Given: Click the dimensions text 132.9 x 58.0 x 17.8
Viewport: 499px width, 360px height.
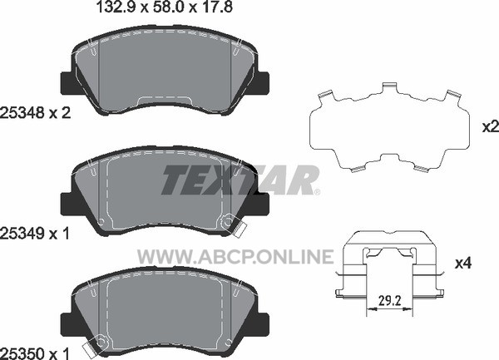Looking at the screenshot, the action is click(x=164, y=7).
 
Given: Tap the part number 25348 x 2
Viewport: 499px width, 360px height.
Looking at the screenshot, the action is click(x=35, y=112).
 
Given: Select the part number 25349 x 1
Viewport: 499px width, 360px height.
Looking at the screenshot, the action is click(x=35, y=234).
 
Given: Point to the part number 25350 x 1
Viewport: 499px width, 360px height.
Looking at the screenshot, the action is click(x=35, y=353).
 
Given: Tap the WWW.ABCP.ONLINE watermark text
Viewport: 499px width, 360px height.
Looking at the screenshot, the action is click(x=235, y=257).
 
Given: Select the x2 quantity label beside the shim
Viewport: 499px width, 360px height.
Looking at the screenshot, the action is click(x=491, y=127).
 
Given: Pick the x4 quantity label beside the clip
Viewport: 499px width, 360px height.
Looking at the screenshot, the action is click(x=463, y=264).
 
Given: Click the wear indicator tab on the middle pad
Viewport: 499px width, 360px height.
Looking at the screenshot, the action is click(x=240, y=229).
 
